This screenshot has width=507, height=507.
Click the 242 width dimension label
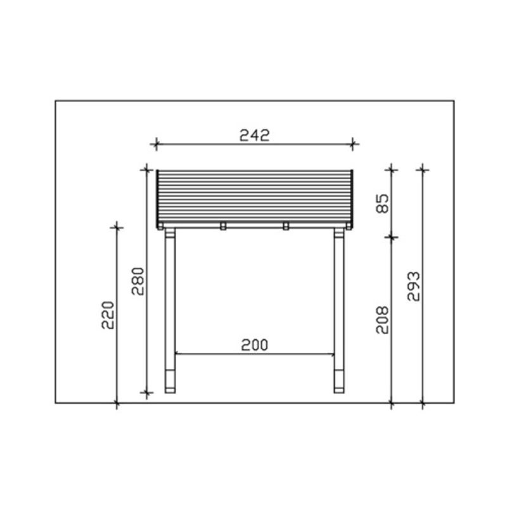[x=254, y=136]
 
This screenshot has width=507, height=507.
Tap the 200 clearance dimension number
[x=255, y=345]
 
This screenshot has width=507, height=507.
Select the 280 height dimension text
[x=138, y=281]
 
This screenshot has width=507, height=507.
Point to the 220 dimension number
[x=108, y=315]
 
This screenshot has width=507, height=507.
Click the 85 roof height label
[x=383, y=203]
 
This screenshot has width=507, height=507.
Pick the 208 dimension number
[x=383, y=320]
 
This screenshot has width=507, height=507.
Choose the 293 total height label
[x=414, y=286]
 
